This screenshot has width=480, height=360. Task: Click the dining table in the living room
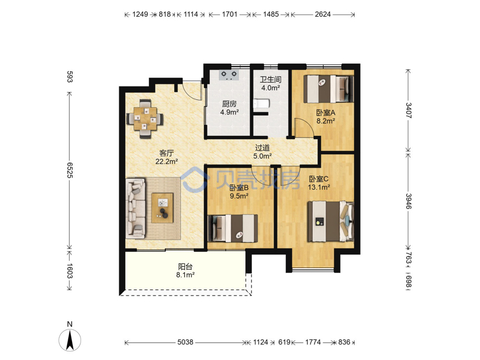(x=145, y=119)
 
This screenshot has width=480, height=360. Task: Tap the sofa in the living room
(x=135, y=209)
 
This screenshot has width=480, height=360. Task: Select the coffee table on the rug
(x=162, y=208)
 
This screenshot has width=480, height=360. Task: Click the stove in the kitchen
(x=229, y=75)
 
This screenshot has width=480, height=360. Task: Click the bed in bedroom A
(x=329, y=89)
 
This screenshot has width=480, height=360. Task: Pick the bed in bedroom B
(x=233, y=229)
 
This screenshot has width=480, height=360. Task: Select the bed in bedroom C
(x=331, y=221)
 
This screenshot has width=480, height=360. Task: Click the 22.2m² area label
(x=167, y=161)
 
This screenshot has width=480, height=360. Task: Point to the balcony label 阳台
(x=185, y=267)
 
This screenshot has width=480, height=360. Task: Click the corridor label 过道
(x=262, y=148)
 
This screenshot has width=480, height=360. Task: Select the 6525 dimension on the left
(x=70, y=170)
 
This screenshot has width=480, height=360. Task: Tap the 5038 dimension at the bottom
(x=185, y=342)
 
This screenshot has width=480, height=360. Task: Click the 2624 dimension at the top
(x=323, y=14)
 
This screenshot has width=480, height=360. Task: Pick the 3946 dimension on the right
(x=408, y=201)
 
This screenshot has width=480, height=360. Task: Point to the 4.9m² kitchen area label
(x=230, y=112)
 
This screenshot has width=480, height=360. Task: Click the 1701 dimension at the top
(x=230, y=14)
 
